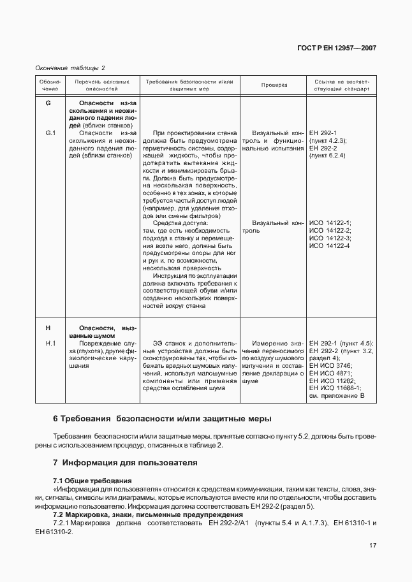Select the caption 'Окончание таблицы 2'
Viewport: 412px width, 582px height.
(70, 68)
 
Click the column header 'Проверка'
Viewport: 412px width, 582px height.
(274, 85)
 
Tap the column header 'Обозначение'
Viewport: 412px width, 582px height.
(50, 85)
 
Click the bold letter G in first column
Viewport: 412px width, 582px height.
(48, 103)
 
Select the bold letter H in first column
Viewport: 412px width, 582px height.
(48, 328)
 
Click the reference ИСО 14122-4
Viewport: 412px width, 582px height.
(329, 246)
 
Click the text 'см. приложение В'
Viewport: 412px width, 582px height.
(336, 396)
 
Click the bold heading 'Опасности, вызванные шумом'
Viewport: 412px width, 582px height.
(102, 331)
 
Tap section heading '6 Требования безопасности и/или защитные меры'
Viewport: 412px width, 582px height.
(162, 419)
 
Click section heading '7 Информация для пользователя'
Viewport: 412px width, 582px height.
(125, 462)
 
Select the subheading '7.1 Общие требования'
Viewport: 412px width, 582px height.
(92, 479)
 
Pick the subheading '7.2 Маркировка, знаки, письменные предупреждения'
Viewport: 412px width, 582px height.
(138, 514)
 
